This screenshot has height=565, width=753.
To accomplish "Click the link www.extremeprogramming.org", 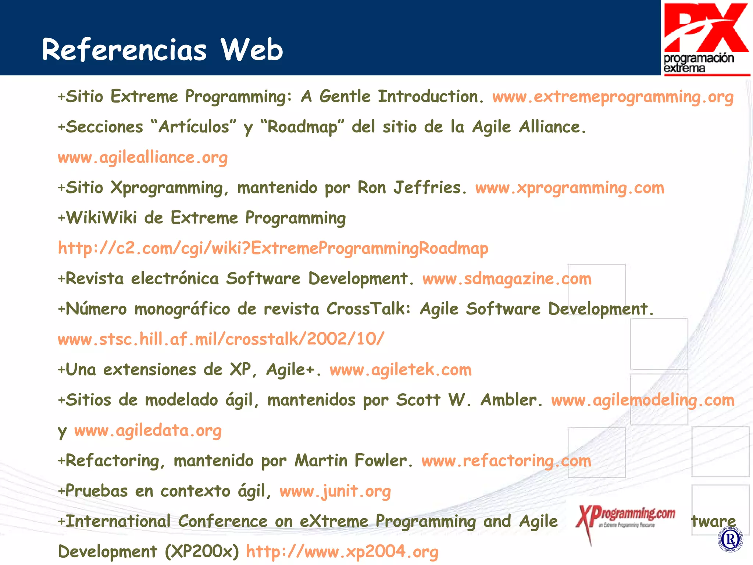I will (613, 97).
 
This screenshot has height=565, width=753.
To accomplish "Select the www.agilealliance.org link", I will (143, 157).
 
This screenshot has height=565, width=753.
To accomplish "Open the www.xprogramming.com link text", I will (570, 188).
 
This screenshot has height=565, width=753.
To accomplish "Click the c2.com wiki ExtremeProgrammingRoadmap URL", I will (273, 248).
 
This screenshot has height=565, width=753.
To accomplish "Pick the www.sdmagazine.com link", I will (507, 279).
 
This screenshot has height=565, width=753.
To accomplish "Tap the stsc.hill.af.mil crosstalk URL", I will (221, 339).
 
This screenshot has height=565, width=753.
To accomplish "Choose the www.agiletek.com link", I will (400, 370).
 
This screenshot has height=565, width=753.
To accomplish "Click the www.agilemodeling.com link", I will (642, 400).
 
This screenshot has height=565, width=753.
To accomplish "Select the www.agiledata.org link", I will (148, 430).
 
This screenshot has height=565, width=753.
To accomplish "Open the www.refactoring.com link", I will (506, 461).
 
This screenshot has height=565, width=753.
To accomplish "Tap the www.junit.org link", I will (335, 491).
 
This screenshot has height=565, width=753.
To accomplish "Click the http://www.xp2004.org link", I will (342, 551).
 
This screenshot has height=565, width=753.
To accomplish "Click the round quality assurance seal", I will (730, 540).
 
